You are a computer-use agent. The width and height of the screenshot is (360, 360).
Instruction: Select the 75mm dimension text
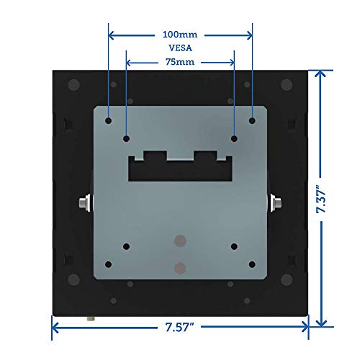click(x=180, y=62)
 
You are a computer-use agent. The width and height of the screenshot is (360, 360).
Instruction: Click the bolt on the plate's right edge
click(x=274, y=204)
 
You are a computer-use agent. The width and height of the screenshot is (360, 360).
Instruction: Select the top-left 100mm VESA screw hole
click(x=107, y=120)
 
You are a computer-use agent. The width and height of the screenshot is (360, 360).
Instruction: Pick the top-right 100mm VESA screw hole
click(x=253, y=120)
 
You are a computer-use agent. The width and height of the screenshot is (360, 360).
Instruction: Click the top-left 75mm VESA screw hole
click(x=126, y=138)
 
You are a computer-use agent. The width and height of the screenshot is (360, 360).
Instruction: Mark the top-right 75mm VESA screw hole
click(x=234, y=138)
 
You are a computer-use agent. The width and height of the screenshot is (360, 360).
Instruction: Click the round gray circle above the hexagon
click(x=180, y=239)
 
